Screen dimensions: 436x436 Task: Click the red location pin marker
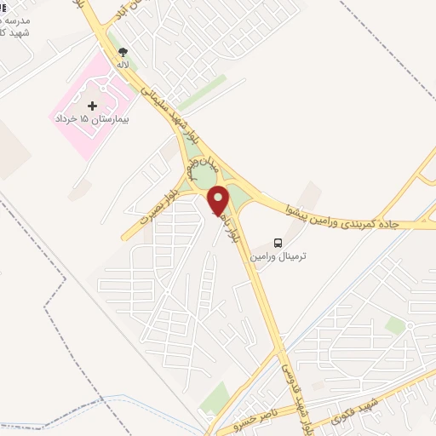pos(218,201)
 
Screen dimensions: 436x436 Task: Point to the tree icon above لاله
pos(123,52)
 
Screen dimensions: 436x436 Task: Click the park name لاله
pos(123,64)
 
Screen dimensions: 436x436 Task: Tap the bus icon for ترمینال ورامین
pos(278,242)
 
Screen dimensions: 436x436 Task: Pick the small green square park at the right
pos(394,325)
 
